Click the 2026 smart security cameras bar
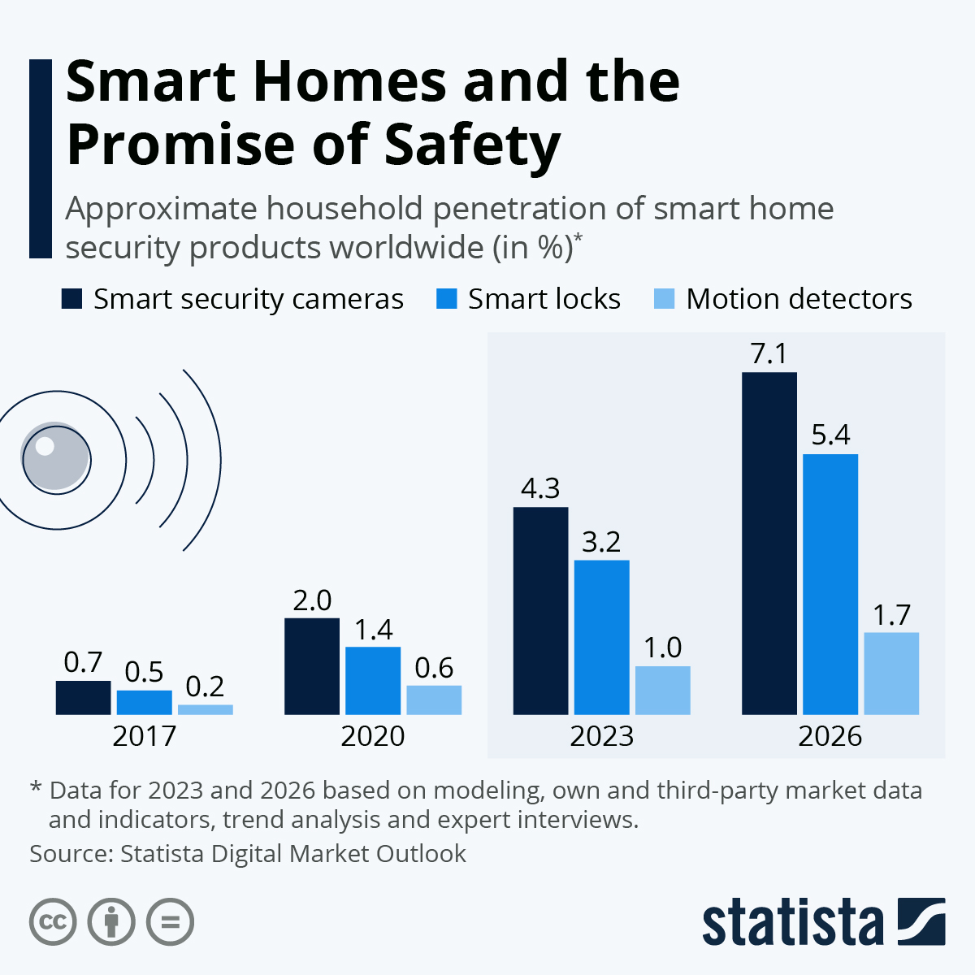tap(769, 544)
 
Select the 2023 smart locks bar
tap(601, 637)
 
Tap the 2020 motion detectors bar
tap(434, 700)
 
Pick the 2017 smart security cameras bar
tap(83, 697)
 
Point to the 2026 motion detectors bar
tap(891, 674)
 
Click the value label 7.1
tap(769, 354)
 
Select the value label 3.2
tap(601, 541)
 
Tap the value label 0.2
tap(205, 687)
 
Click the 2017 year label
tap(144, 736)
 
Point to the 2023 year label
tap(601, 736)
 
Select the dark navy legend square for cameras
tap(72, 299)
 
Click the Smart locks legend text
tap(544, 299)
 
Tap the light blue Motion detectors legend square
tap(665, 299)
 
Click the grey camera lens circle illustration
tap(55, 457)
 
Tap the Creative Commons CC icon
tap(53, 922)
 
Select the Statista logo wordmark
tap(792, 922)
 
